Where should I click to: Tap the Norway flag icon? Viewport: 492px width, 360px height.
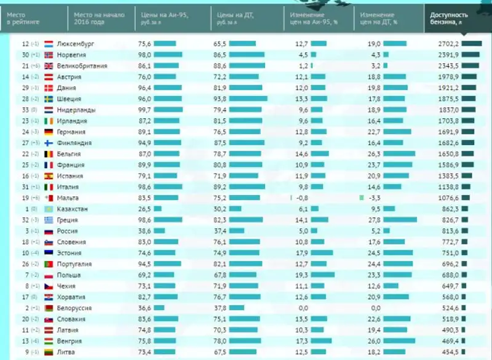pos(49,55)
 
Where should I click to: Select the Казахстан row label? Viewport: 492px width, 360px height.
pos(72,209)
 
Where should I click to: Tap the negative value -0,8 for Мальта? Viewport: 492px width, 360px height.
pos(301,198)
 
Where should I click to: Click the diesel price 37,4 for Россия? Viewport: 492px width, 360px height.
pos(220,231)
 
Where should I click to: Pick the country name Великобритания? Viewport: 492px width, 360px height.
pos(81,66)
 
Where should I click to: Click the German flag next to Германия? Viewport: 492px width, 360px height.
pos(49,132)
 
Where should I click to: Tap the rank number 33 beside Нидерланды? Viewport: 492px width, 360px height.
pos(25,110)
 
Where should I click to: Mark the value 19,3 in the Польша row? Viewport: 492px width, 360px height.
pos(301,275)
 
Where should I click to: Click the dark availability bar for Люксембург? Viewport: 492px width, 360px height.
pos(472,44)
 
